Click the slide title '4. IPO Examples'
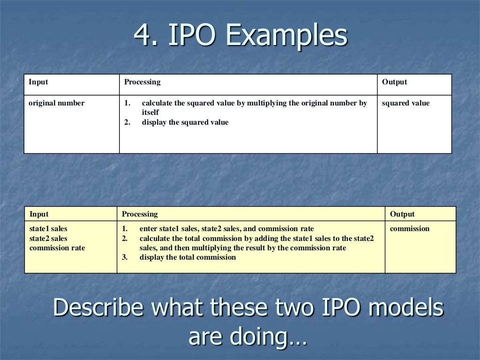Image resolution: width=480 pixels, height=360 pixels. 240,36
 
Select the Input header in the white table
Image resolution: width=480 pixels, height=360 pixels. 38,82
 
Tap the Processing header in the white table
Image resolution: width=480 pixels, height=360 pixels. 142,82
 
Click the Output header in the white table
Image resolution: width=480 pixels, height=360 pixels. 394,82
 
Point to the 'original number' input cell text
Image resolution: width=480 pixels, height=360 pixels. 57,103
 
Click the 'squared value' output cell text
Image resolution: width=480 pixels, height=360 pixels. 405,103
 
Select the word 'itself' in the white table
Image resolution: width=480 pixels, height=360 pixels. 150,112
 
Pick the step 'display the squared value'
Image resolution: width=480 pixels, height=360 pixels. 185,122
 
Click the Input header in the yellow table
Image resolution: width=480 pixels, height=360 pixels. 39,214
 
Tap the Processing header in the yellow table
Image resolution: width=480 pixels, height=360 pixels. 140,214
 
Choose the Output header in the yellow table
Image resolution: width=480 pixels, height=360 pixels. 402,214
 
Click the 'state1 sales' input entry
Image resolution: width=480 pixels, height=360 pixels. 48,229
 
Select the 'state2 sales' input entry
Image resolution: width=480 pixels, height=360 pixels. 48,239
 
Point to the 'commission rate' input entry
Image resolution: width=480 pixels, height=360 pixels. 57,248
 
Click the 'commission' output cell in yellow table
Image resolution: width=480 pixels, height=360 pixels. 410,229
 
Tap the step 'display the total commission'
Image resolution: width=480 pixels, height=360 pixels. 187,257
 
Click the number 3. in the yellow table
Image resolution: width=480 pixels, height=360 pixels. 125,257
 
